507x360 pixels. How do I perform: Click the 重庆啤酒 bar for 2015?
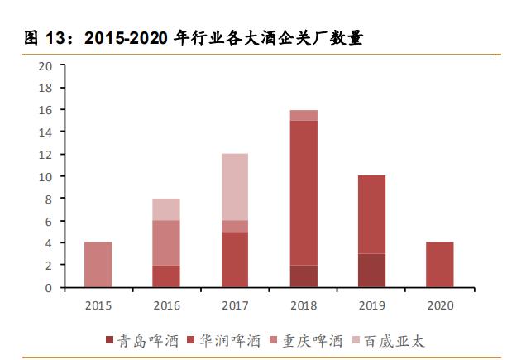tap(98, 265)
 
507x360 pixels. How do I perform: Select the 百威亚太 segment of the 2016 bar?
tap(166, 209)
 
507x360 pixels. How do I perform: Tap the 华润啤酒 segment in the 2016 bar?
tap(166, 276)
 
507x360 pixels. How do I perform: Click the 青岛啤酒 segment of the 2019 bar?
tap(371, 271)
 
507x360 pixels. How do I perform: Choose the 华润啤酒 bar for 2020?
tap(440, 265)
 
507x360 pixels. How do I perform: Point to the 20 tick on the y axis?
tap(46, 66)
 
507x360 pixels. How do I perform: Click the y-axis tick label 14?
tap(46, 132)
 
